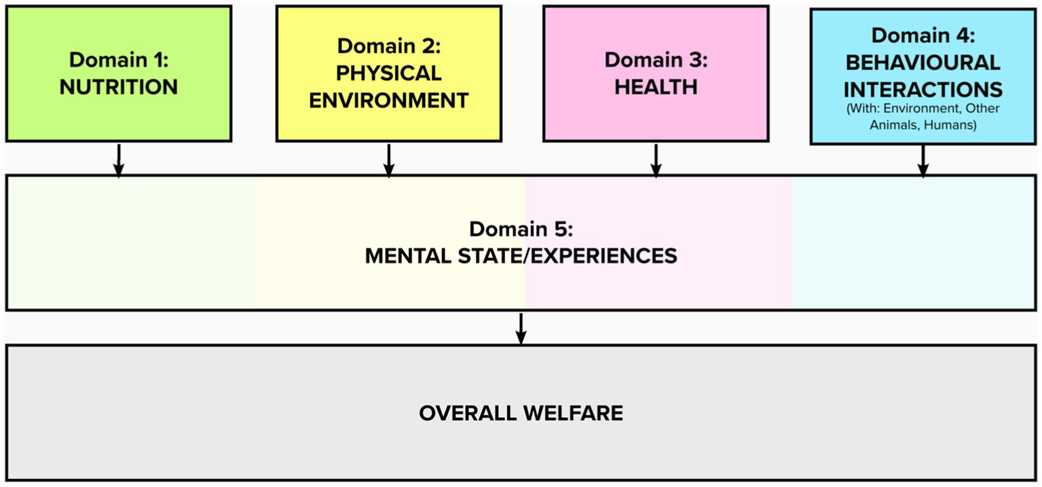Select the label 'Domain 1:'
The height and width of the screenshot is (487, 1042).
pyautogui.click(x=119, y=59)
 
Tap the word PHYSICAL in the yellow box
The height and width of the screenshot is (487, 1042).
pyautogui.click(x=389, y=73)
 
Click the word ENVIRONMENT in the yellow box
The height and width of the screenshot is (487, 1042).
pyautogui.click(x=389, y=101)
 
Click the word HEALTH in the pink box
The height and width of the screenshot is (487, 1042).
pyautogui.click(x=656, y=87)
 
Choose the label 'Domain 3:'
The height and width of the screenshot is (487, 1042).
pyautogui.click(x=656, y=60)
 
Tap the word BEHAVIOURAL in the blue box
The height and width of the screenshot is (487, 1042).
pyautogui.click(x=923, y=62)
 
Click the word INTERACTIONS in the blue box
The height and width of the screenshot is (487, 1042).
pyautogui.click(x=923, y=89)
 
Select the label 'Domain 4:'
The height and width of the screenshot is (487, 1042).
pyautogui.click(x=923, y=35)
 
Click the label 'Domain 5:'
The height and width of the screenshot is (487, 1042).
pyautogui.click(x=521, y=228)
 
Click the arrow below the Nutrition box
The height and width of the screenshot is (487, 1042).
pyautogui.click(x=119, y=160)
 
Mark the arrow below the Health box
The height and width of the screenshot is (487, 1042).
pyautogui.click(x=656, y=160)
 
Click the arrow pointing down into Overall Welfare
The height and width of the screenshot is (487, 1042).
pyautogui.click(x=521, y=329)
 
